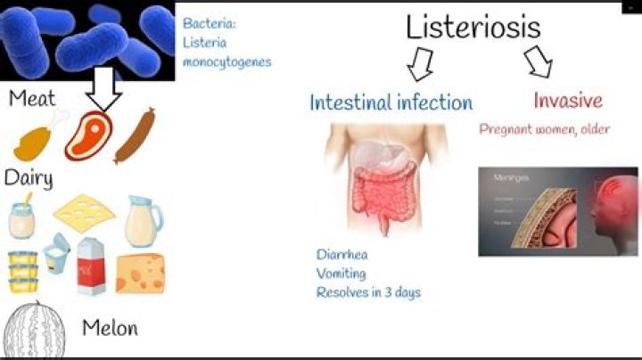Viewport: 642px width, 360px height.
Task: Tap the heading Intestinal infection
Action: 391,102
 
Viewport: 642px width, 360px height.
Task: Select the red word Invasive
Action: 568,100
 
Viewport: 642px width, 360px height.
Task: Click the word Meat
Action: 33,97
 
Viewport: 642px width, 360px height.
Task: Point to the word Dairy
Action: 29,177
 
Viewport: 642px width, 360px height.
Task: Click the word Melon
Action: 110,328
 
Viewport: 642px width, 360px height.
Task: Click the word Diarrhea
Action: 342,253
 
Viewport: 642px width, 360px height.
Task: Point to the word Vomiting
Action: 343,273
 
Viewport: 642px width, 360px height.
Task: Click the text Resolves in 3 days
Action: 368,291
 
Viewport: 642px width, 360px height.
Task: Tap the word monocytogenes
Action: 226,61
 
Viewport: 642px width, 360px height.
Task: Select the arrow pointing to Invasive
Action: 538,61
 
